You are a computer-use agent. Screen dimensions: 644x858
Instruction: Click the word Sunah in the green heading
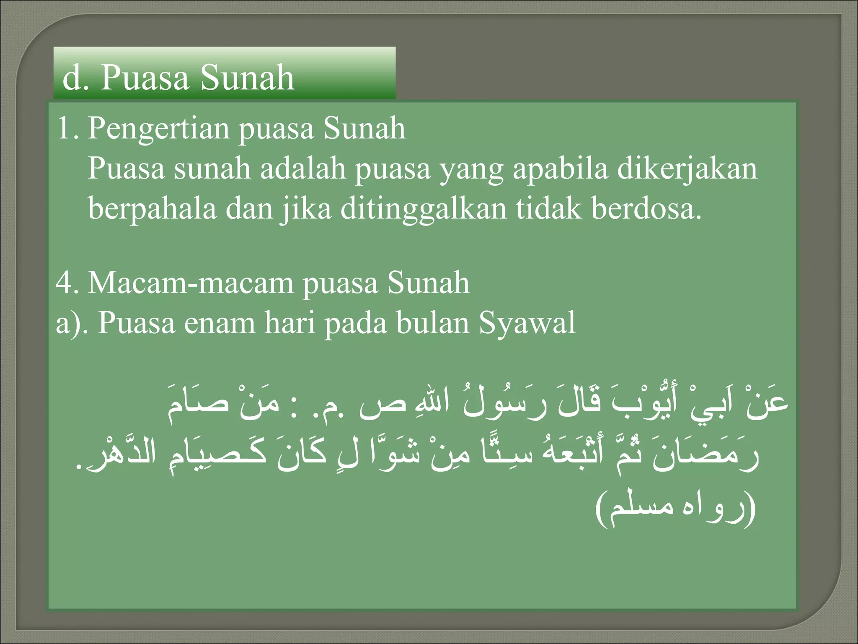click(247, 78)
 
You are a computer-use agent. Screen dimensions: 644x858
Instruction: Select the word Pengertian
click(158, 129)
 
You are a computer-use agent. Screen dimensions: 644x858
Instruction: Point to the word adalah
click(303, 169)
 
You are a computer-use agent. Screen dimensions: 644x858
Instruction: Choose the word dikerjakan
click(687, 169)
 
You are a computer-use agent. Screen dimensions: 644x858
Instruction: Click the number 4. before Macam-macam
click(67, 283)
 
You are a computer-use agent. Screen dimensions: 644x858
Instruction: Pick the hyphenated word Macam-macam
click(191, 283)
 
